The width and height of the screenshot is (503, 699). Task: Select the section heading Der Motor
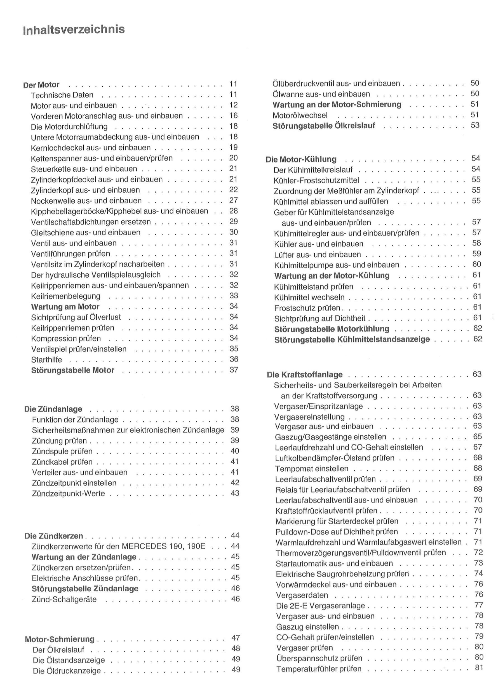(x=41, y=85)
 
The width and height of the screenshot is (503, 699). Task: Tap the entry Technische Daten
(x=62, y=95)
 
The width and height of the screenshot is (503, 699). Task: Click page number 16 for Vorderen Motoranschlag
(x=234, y=115)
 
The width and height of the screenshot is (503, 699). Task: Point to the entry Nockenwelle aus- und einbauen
(x=86, y=201)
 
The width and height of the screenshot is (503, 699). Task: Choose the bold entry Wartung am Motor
(x=65, y=307)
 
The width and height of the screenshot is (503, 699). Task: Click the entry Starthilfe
(x=46, y=360)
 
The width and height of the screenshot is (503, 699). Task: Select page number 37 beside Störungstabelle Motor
(x=234, y=370)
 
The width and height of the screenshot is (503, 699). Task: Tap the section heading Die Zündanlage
(x=53, y=409)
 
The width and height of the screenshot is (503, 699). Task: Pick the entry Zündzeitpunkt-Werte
(x=69, y=493)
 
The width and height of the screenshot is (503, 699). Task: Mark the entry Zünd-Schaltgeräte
(x=64, y=599)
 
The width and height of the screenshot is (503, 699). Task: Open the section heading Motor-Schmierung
(x=60, y=639)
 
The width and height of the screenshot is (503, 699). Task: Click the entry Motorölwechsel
(x=300, y=115)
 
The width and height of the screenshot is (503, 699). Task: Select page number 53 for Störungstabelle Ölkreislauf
(x=475, y=125)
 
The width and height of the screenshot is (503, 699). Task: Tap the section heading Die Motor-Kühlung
(x=301, y=159)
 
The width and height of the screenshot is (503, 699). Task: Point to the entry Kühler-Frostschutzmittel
(x=316, y=180)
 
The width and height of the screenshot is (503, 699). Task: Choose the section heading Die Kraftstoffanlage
(x=305, y=374)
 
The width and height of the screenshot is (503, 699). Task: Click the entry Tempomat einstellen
(x=311, y=469)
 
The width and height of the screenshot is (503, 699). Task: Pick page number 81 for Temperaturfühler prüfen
(x=479, y=668)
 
